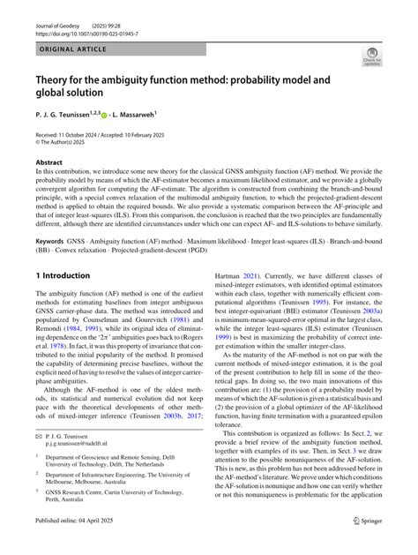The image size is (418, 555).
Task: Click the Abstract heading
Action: coord(49,163)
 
